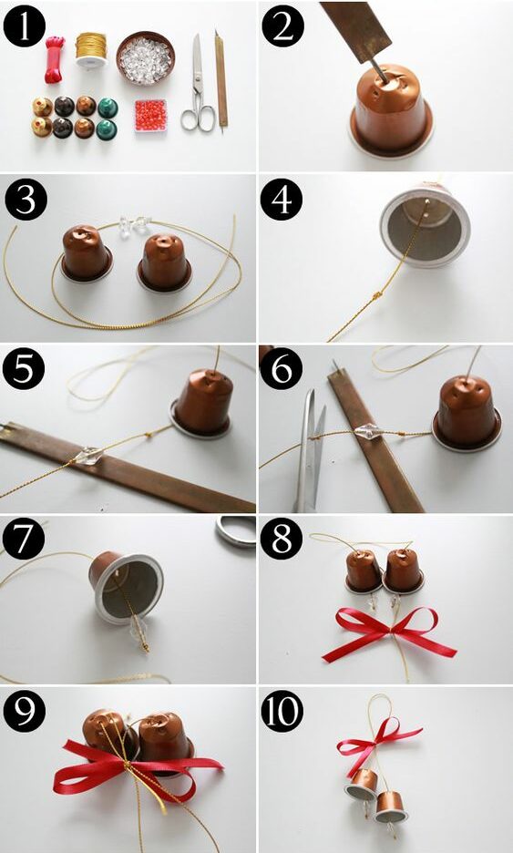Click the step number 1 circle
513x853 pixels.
pos(25,26)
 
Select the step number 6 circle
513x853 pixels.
pos(282,368)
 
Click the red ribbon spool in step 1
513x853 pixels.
pos(55,59)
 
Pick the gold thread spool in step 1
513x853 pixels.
pos(91,50)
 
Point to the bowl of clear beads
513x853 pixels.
pos(145,57)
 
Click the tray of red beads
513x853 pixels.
pos(150,116)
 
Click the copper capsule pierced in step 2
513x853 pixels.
pos(391,110)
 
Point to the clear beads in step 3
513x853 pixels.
pos(134,224)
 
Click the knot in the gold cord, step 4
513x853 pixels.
pos(376,296)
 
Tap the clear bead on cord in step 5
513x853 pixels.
pos(87,456)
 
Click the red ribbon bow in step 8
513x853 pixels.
pos(389,632)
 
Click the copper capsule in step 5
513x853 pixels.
pos(202,403)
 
